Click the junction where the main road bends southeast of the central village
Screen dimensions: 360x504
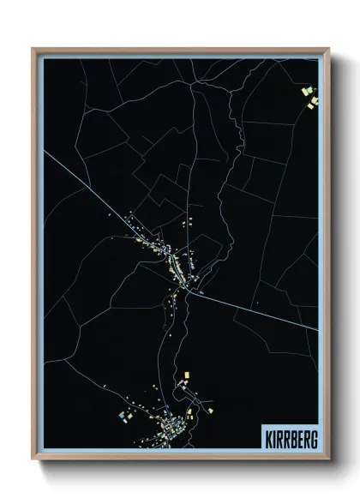pos(198,295)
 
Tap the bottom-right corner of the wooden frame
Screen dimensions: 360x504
pos(327,459)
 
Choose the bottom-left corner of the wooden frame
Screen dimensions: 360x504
pos(33,459)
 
